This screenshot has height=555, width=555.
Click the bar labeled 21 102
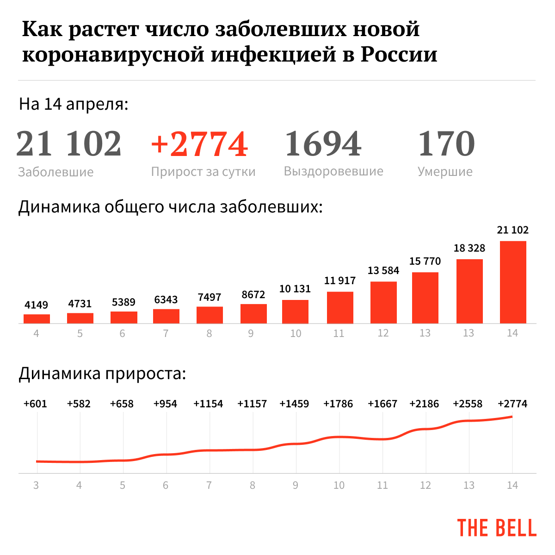[x=513, y=282]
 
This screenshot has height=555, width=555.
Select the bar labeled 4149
[x=37, y=318]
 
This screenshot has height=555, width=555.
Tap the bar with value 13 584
[x=383, y=302]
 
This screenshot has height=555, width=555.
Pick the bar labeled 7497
[x=210, y=315]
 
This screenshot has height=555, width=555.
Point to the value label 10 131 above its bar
[x=295, y=289]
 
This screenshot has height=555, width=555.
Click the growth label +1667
[x=382, y=404]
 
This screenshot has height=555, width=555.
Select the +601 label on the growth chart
[x=35, y=404]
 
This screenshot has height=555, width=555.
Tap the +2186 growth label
[x=424, y=404]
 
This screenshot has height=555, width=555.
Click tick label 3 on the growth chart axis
[x=36, y=485]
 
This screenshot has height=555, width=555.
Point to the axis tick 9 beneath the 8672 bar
[x=251, y=333]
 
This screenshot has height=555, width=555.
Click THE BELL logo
[x=497, y=528]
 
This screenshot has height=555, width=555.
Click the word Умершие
[x=445, y=172]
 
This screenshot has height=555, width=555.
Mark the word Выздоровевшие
[x=333, y=171]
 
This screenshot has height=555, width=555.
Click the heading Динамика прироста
[x=102, y=373]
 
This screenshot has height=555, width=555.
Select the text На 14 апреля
[x=74, y=104]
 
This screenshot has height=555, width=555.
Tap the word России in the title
[x=399, y=54]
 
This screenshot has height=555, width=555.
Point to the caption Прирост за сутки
[x=203, y=172]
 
